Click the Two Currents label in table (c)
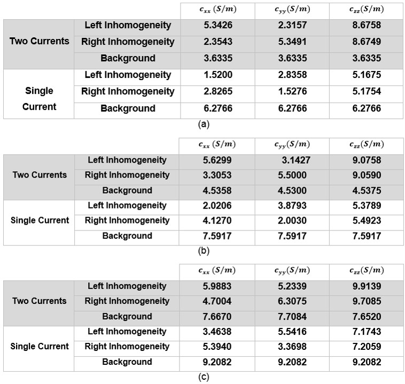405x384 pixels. [x=40, y=301]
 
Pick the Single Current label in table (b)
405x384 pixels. [x=40, y=220]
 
